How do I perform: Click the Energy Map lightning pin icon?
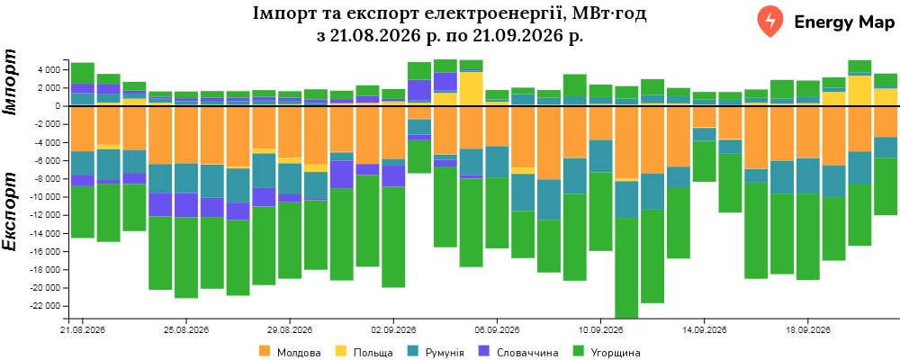770,22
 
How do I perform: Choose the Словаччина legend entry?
519,352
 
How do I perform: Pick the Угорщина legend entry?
607,352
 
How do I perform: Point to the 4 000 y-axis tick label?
49,70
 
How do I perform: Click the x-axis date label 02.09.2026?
393,330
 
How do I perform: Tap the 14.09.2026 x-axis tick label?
704,330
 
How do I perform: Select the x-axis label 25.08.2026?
186,330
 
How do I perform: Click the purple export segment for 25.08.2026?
186,205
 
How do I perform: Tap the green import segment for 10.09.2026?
600,91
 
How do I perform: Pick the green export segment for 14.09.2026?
704,161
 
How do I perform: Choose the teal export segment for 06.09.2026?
497,162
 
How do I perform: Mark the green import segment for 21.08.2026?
83,74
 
